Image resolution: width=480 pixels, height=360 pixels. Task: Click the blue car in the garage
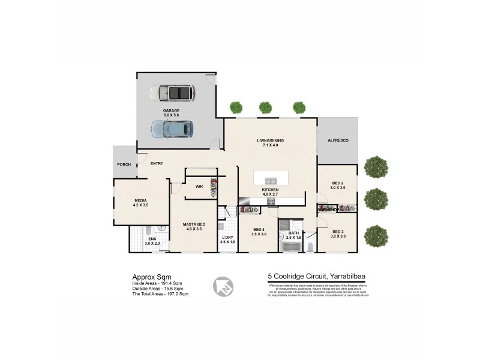[172, 128]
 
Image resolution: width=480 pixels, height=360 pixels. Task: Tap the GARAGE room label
[172, 111]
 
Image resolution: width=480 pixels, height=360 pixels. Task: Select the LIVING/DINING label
[270, 140]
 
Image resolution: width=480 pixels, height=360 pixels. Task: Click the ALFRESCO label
[338, 140]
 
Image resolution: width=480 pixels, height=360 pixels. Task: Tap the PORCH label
[124, 164]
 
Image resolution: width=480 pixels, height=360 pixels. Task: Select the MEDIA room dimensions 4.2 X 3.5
[140, 205]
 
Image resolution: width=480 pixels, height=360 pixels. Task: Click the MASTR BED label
[194, 224]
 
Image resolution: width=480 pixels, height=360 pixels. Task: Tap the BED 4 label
[259, 230]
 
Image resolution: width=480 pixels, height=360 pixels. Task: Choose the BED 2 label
[338, 183]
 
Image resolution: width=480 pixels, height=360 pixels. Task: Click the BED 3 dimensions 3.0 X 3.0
[338, 236]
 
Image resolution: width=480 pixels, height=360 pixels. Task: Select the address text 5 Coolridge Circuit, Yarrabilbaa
[317, 277]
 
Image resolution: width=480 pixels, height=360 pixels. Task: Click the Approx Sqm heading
[147, 277]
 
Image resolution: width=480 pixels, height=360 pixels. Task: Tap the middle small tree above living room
[265, 107]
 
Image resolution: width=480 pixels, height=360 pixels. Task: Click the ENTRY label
[157, 163]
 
